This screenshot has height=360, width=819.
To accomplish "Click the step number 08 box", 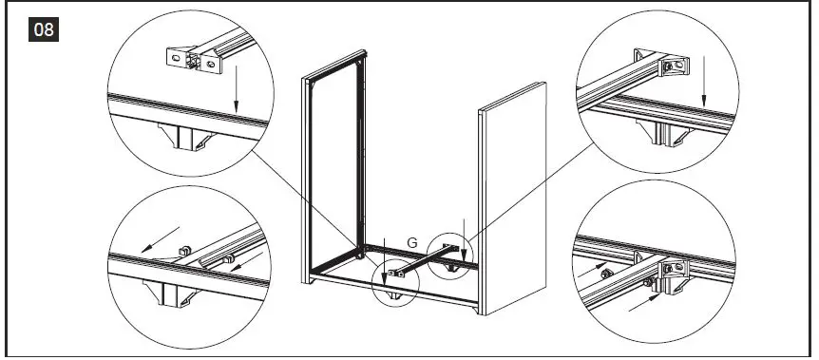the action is (x=44, y=30).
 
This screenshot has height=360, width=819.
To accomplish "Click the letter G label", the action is (x=411, y=242).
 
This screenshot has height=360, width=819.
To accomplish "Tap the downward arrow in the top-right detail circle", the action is (x=703, y=85).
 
